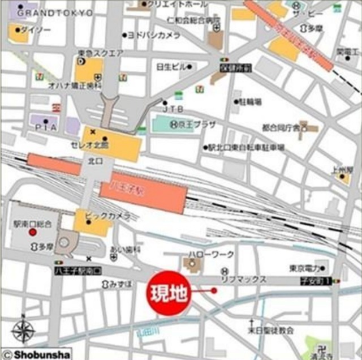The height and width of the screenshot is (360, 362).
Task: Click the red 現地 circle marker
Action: click(168, 292)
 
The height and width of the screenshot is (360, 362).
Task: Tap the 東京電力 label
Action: click(305, 268)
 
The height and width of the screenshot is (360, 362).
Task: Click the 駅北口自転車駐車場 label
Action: click(246, 147)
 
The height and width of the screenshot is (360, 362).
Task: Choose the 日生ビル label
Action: click(171, 67)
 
